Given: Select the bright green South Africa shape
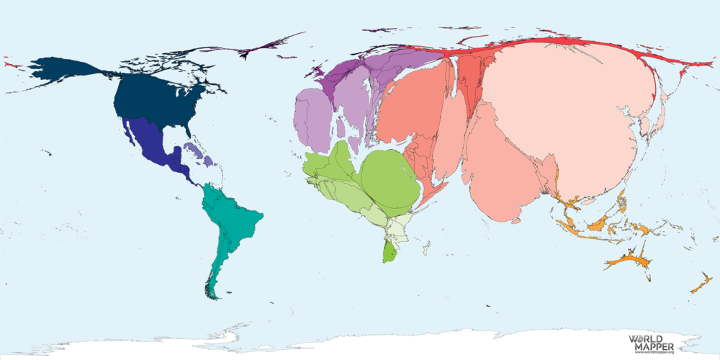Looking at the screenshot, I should pyautogui.click(x=389, y=252).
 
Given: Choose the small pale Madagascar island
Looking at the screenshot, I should pyautogui.click(x=426, y=248).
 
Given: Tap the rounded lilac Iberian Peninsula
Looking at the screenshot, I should pyautogui.click(x=311, y=115).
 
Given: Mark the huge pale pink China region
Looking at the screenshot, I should pyautogui.click(x=562, y=108).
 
